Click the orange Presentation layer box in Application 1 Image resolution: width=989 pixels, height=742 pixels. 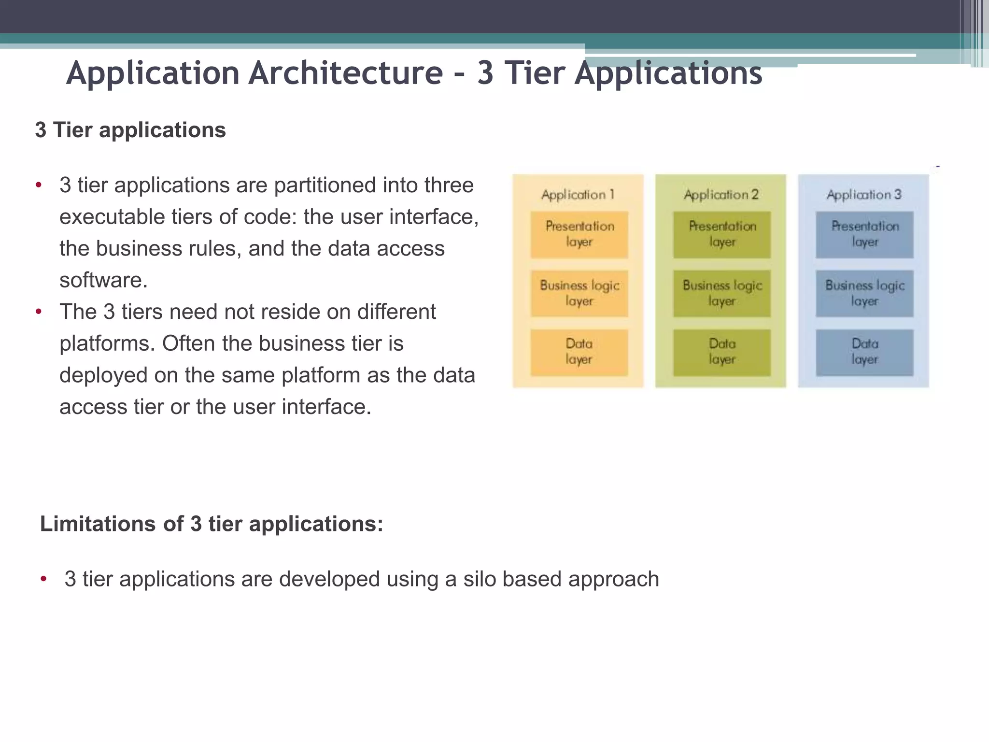(579, 234)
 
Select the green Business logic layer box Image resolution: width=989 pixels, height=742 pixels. (722, 293)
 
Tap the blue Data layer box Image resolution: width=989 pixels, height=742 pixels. (864, 352)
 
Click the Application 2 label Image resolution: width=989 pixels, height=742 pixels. (721, 195)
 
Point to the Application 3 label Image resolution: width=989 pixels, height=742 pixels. (864, 195)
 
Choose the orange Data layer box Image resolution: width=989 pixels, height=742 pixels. (579, 352)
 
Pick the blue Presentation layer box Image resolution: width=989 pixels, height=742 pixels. (864, 234)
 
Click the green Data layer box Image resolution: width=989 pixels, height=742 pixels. (722, 352)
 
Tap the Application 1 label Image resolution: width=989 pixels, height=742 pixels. (578, 195)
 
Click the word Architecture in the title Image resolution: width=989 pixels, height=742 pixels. (346, 73)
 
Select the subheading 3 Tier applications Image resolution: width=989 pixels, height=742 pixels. (130, 130)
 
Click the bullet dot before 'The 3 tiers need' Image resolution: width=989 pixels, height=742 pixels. (39, 312)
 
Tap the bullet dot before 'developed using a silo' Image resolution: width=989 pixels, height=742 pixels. (43, 579)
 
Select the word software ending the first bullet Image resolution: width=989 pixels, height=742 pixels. (103, 280)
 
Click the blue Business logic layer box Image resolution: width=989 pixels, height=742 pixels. (864, 293)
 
